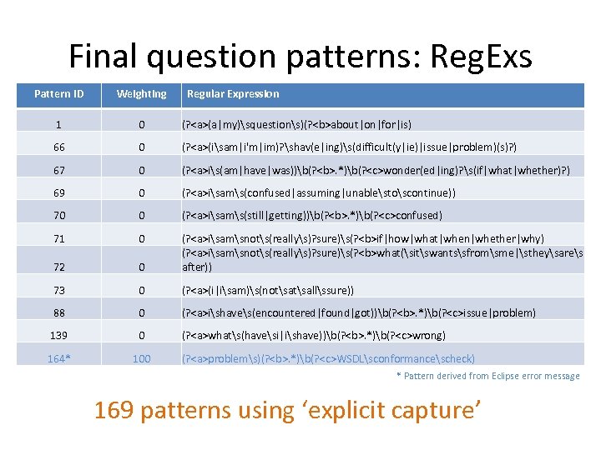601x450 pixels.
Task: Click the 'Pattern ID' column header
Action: tap(58, 94)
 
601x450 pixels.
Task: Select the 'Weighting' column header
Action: tap(141, 94)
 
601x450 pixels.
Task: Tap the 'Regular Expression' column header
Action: tap(233, 94)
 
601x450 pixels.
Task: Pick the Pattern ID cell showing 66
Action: tap(58, 147)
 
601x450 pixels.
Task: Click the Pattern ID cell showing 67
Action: tap(58, 170)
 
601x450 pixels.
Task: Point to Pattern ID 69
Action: tap(58, 192)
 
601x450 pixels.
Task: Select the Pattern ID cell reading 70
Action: tap(58, 215)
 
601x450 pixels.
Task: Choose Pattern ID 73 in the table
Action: tap(58, 290)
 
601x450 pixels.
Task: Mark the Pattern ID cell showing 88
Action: tap(58, 312)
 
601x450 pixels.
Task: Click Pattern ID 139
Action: tap(58, 335)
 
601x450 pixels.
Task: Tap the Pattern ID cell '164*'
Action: tap(58, 358)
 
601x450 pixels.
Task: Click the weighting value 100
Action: tap(142, 358)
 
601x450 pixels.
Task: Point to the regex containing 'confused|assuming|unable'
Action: tap(321, 192)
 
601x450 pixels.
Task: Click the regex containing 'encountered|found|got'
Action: tap(359, 312)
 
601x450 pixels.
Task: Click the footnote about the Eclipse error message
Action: tap(487, 376)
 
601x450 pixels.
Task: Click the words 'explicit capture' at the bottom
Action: tap(417, 410)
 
